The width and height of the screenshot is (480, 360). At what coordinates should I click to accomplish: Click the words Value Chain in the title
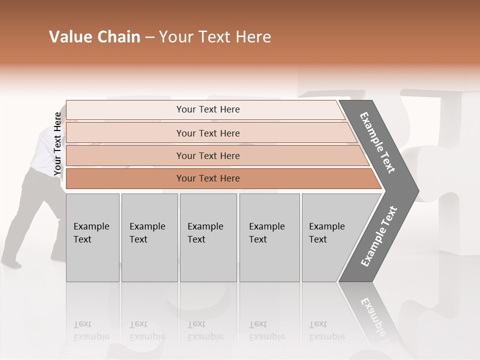tap(94, 37)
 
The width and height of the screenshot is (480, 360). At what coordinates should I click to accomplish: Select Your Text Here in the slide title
tap(215, 37)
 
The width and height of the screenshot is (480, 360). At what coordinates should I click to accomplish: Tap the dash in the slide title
tap(149, 37)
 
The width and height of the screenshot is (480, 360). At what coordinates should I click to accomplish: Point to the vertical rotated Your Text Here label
tap(57, 144)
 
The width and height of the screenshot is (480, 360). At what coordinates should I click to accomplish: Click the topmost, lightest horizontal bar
tap(207, 109)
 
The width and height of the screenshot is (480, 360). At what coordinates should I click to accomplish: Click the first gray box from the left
tap(92, 237)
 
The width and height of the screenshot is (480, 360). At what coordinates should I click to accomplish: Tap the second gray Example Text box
tap(149, 237)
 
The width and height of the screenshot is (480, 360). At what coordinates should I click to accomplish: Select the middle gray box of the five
tap(207, 237)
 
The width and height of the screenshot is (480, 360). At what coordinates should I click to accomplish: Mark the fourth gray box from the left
tap(269, 237)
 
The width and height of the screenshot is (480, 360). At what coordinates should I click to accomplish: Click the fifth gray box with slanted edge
tap(330, 237)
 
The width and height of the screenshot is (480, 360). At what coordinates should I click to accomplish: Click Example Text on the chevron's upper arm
tap(377, 142)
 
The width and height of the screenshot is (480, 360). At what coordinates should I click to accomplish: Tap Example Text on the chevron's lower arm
tap(379, 236)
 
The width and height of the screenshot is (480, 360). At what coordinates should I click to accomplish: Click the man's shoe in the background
tap(11, 261)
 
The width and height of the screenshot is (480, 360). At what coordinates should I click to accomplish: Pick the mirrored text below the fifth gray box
tap(326, 330)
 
